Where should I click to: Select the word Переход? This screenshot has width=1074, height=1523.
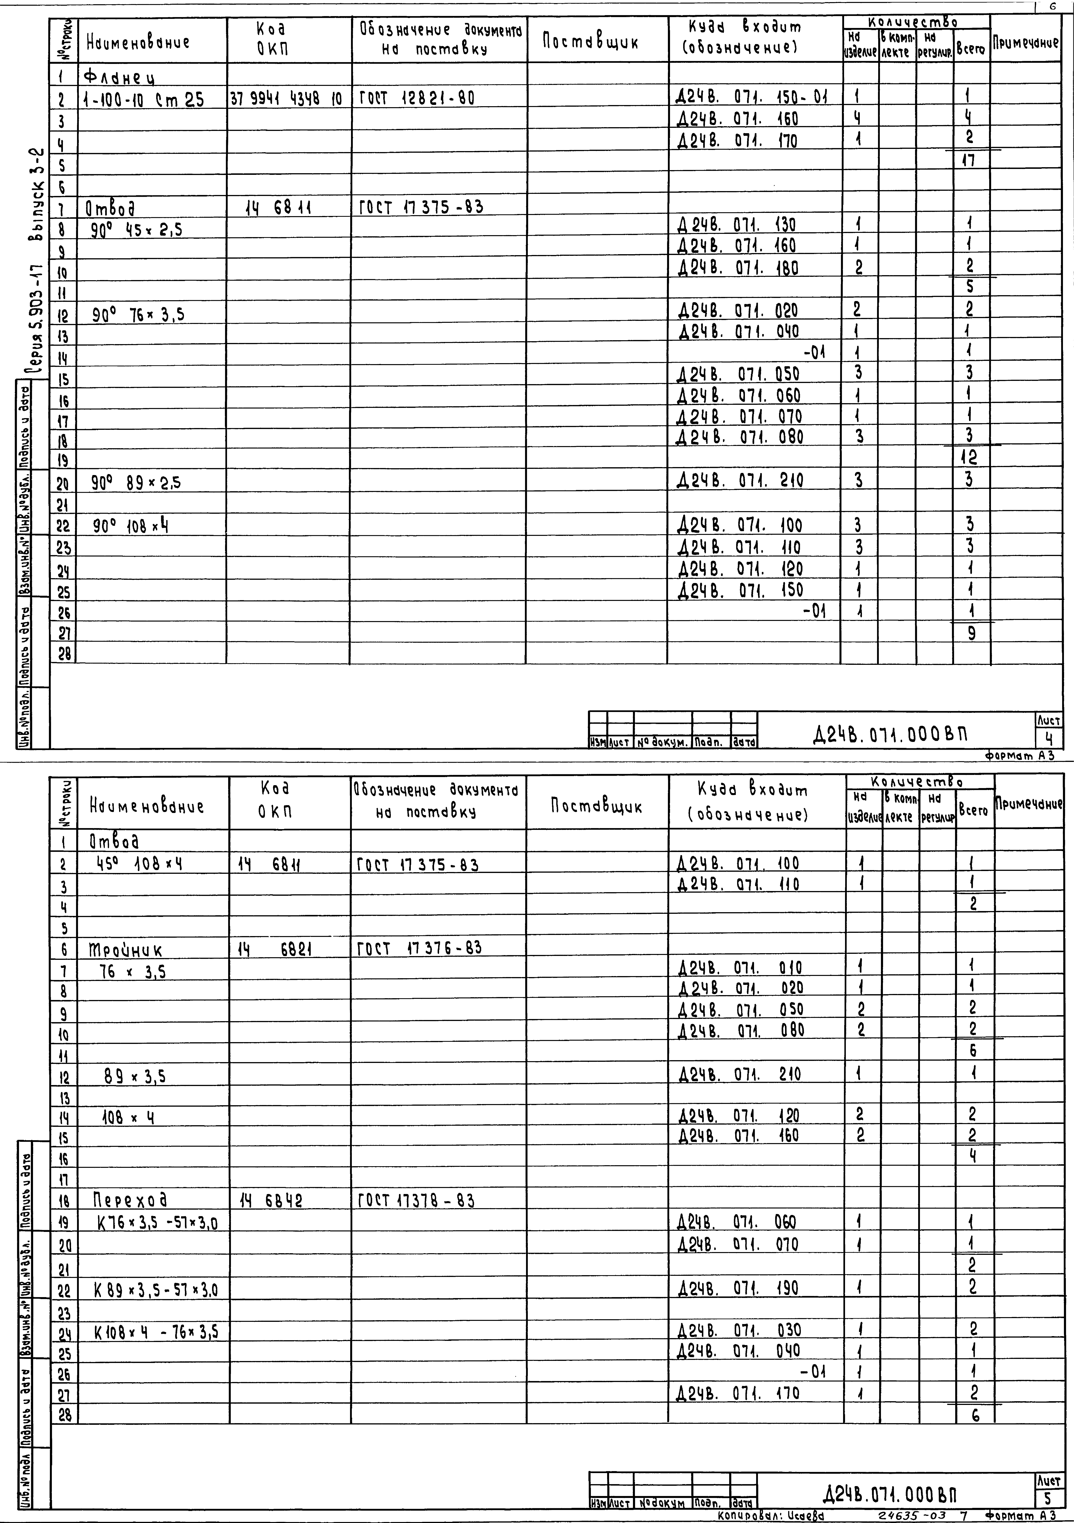(130, 1199)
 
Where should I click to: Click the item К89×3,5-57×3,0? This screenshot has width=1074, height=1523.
(156, 1290)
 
